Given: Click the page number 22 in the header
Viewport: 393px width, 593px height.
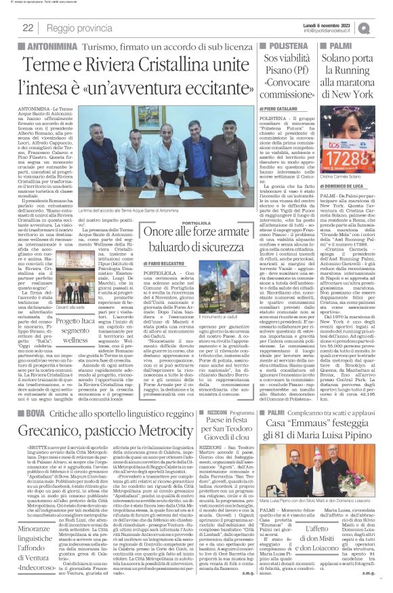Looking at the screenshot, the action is point(28,28).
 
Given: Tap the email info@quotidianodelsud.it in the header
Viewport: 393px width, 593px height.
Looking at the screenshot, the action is point(338,31).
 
